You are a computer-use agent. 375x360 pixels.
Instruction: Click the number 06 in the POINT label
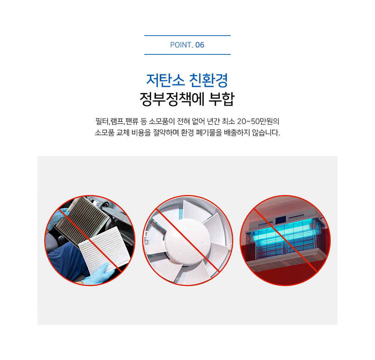click(200, 45)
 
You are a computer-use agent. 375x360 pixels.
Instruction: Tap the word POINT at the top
click(181, 45)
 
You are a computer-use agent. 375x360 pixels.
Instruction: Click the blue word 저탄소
click(165, 80)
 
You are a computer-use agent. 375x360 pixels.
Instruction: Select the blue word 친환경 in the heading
click(208, 80)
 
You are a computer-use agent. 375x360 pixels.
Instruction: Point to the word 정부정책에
click(171, 99)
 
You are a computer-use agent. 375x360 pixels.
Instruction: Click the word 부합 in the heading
click(222, 99)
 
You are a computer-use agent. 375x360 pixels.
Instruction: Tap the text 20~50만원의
click(258, 121)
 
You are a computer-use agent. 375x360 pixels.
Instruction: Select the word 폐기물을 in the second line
click(209, 132)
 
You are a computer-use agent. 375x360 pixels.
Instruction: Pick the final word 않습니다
click(266, 132)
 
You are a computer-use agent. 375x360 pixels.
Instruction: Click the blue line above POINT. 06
click(187, 36)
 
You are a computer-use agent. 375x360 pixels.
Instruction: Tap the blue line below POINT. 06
click(187, 54)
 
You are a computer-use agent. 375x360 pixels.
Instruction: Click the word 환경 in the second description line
click(187, 132)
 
